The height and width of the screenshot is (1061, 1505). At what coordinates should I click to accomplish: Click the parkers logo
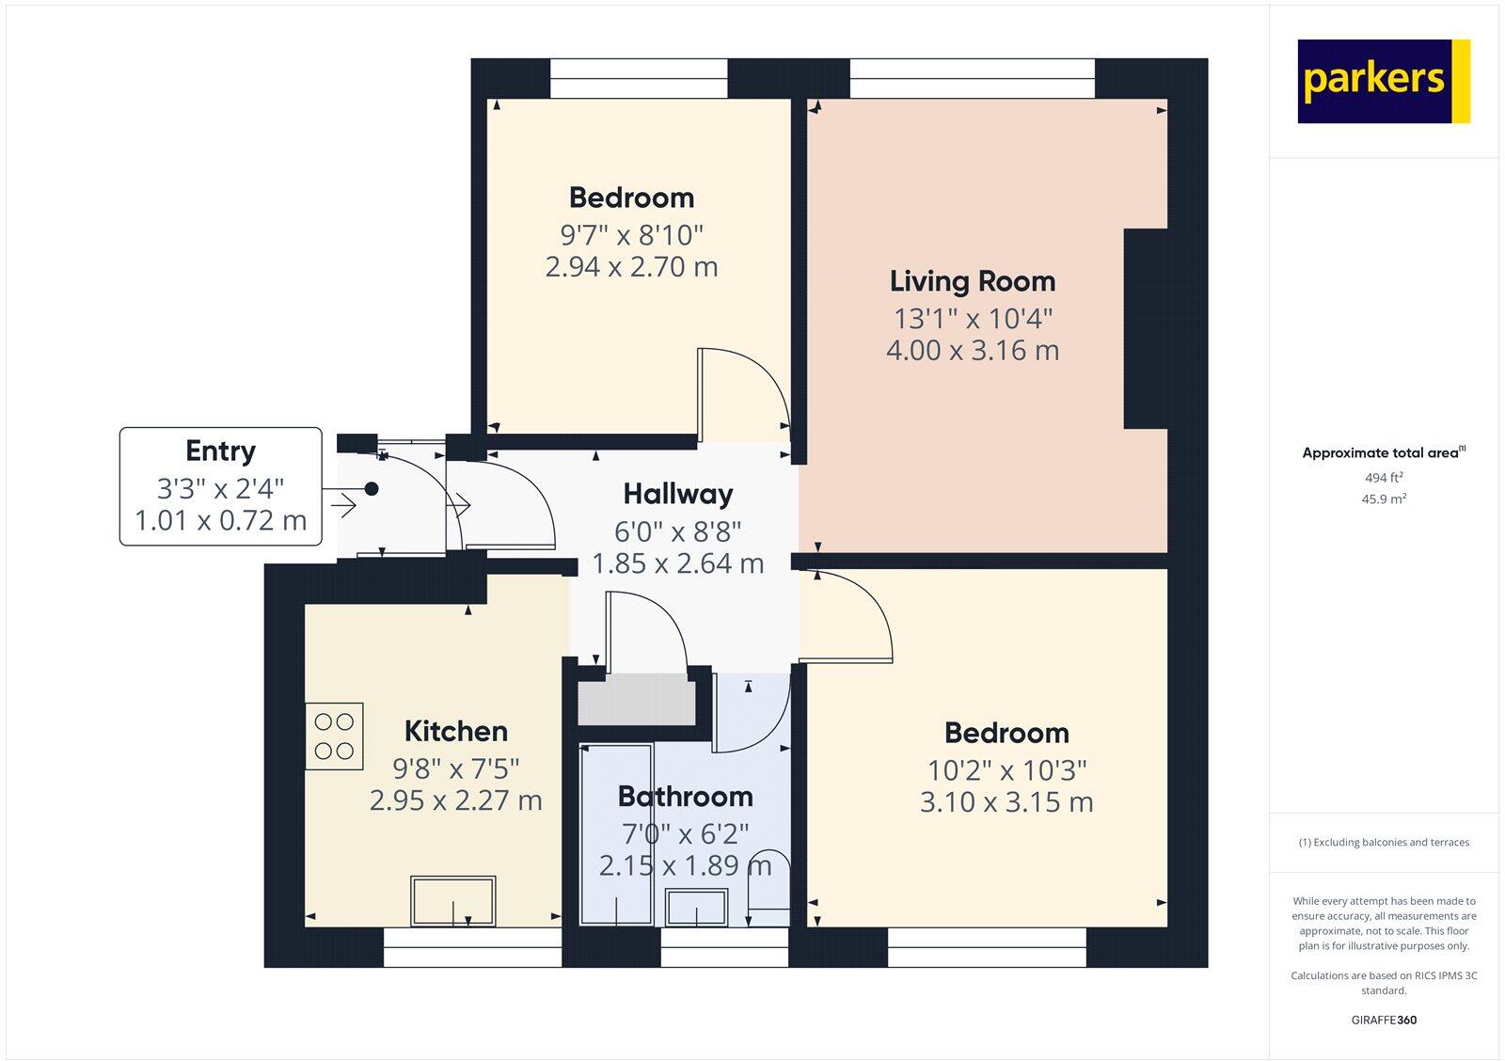1383,81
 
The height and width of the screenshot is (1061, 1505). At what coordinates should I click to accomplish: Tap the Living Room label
973,281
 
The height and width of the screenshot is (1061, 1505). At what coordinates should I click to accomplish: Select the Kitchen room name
456,731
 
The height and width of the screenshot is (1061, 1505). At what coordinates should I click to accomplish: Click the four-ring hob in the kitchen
334,736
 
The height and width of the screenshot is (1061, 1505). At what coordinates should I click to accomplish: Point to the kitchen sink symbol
453,901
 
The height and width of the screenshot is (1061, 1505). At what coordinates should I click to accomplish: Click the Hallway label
677,494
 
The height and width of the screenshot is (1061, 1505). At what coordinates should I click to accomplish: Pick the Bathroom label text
685,797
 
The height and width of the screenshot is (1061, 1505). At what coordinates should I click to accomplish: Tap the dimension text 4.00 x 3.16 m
973,351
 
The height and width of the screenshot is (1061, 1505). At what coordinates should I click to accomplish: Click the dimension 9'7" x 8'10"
631,233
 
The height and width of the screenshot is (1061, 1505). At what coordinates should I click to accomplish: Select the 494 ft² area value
1384,478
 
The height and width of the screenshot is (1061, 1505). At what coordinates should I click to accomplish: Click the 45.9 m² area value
1384,499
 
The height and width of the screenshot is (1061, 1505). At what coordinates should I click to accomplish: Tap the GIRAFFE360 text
1384,1020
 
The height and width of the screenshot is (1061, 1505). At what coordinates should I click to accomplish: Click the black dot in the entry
372,489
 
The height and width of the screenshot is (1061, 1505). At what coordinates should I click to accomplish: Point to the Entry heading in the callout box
220,451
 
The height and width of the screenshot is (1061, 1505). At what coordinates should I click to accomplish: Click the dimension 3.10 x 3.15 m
1006,802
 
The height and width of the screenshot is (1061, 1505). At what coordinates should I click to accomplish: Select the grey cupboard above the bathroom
635,701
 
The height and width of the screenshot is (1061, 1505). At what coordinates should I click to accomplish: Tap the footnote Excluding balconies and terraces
1384,843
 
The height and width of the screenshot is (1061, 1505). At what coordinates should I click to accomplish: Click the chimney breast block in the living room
1146,329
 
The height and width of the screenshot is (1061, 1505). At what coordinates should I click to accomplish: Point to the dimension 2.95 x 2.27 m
456,800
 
